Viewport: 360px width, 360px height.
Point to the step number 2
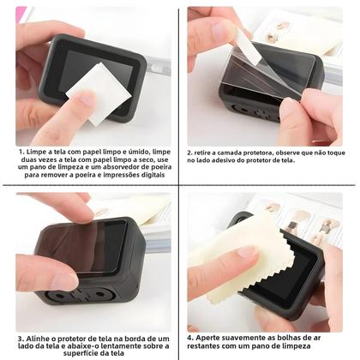[191, 151]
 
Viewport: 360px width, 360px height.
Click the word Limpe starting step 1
[40, 150]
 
